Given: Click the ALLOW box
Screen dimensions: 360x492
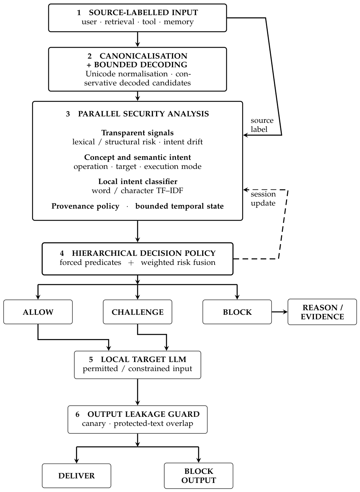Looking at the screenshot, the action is tap(38, 312).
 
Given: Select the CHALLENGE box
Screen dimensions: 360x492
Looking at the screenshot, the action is tap(138, 312).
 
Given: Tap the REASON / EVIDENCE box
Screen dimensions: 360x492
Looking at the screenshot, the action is tap(322, 312).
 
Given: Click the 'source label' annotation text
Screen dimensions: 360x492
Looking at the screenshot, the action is tap(262, 125).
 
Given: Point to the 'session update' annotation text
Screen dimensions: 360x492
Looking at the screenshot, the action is tap(263, 198).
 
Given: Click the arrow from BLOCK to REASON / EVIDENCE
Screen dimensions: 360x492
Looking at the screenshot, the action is tap(280, 312).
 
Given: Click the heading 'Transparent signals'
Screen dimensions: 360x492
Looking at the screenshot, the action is tap(138, 133).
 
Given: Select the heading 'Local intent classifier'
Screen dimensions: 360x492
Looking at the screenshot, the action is tap(138, 181).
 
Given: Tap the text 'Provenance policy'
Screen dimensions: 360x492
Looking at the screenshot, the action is tap(85, 206).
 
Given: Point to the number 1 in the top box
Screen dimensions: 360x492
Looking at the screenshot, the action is tap(79, 12).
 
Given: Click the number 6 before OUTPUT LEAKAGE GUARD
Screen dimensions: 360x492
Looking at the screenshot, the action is tap(77, 414).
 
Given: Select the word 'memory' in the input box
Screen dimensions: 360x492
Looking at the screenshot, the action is tap(179, 22).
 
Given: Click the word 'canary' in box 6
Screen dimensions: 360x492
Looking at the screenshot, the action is tap(94, 424).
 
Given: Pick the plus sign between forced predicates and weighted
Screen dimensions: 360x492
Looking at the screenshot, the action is tap(131, 263).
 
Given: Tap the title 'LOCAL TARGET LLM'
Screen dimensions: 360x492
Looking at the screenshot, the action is tap(144, 359).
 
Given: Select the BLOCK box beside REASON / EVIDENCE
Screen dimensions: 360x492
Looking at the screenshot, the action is tap(237, 312).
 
